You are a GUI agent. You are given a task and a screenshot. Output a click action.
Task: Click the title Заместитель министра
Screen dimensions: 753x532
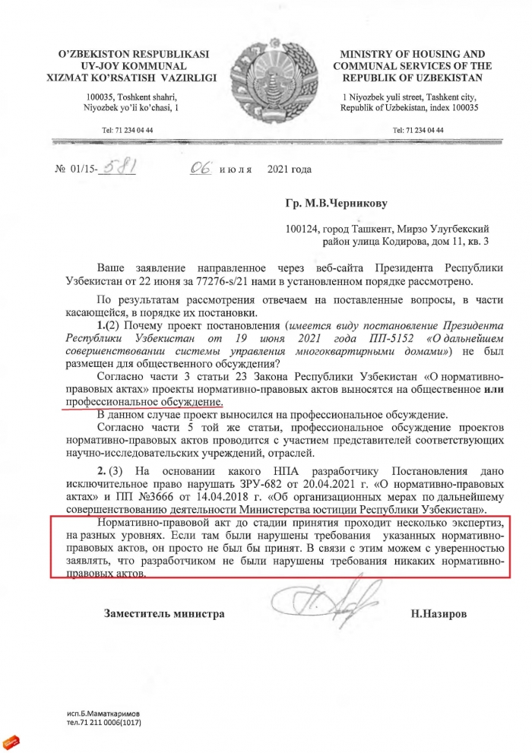(x=164, y=612)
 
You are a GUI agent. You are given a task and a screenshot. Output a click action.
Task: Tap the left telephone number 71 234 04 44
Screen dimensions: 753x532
(x=132, y=130)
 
